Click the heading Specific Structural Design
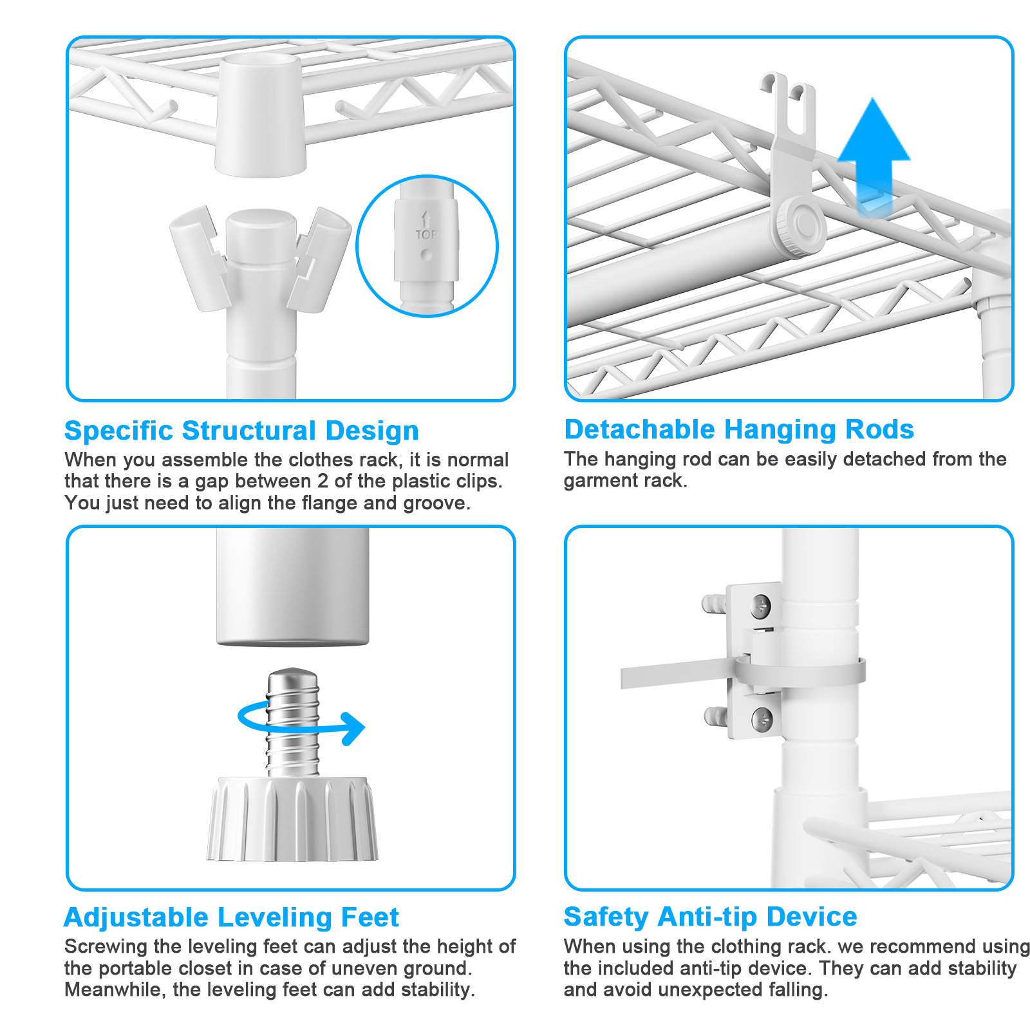click(x=241, y=431)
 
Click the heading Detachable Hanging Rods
click(x=739, y=429)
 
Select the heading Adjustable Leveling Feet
click(x=232, y=917)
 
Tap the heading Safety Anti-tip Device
click(x=711, y=917)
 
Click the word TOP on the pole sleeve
click(x=426, y=235)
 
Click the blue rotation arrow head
click(x=353, y=729)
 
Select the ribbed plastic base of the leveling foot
click(x=292, y=819)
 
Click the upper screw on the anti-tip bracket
click(x=762, y=606)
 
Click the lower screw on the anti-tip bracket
click(x=762, y=718)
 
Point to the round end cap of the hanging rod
click(x=801, y=227)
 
